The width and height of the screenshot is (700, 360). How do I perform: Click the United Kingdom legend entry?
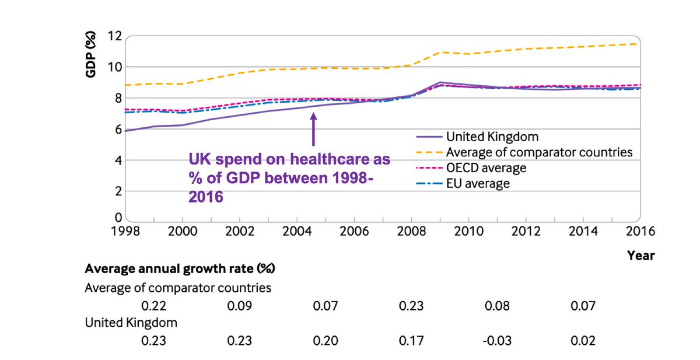[x=492, y=137]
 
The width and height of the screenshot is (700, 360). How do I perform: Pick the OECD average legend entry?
[x=486, y=168]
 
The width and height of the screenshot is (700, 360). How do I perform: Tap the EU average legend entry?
[x=478, y=183]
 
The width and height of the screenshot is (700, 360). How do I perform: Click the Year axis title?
[x=640, y=255]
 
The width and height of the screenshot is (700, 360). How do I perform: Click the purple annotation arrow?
[x=313, y=129]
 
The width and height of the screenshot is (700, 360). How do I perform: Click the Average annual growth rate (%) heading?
[x=180, y=269]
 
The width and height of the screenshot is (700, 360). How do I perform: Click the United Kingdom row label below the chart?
[x=131, y=323]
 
